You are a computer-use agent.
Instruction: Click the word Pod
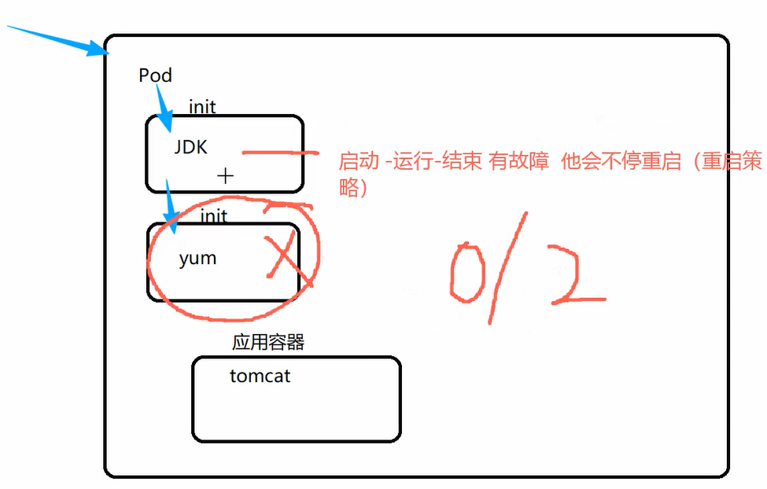point(155,75)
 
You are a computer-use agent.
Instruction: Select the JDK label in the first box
point(191,146)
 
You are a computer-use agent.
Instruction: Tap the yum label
point(197,258)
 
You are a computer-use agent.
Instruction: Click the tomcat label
point(260,376)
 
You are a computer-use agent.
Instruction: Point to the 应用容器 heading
point(267,342)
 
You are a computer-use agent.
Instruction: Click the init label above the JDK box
point(202,106)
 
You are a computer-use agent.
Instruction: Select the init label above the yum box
point(213,215)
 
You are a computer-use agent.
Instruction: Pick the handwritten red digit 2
point(574,275)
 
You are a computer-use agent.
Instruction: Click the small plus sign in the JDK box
point(225,175)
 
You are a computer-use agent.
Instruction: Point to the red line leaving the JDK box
point(279,153)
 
